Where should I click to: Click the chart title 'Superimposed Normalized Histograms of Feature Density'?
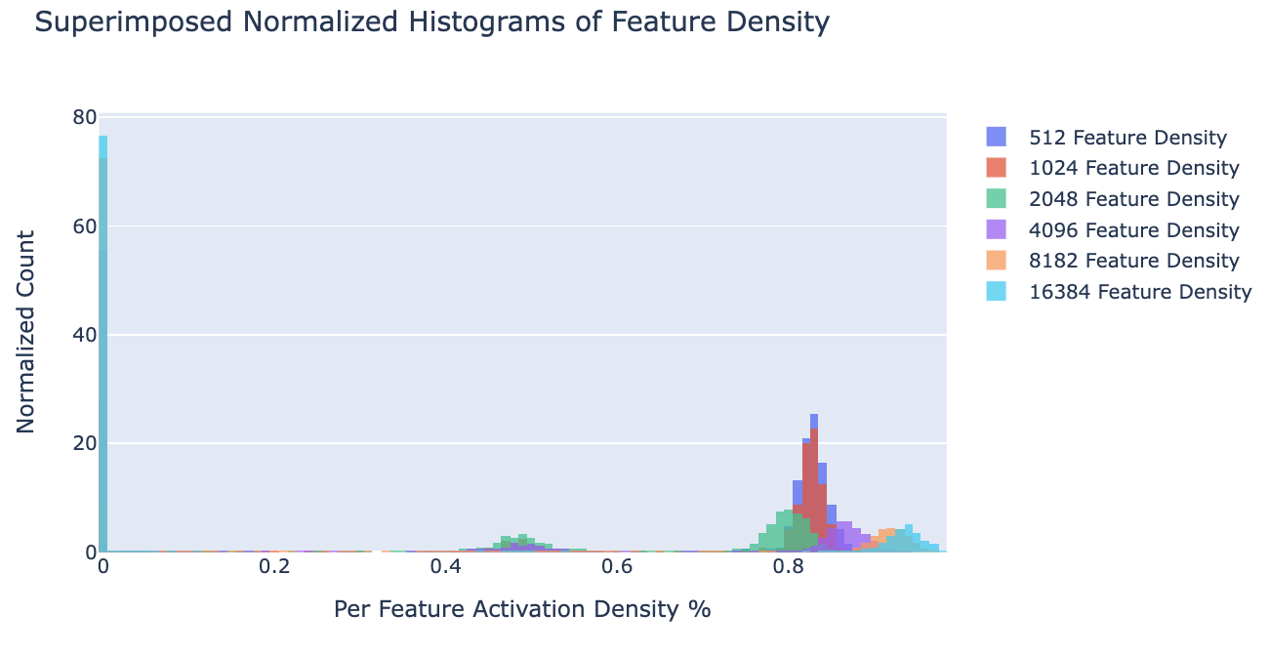[431, 21]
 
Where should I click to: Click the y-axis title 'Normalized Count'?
[26, 332]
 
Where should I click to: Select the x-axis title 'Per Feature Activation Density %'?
[522, 610]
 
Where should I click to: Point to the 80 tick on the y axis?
[84, 118]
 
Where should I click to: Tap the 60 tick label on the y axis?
[84, 226]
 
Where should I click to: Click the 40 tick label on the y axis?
[84, 335]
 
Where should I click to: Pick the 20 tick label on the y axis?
[84, 443]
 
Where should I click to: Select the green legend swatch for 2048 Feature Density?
[997, 199]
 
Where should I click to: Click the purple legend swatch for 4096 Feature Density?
[997, 230]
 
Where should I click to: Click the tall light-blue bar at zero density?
[102, 342]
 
